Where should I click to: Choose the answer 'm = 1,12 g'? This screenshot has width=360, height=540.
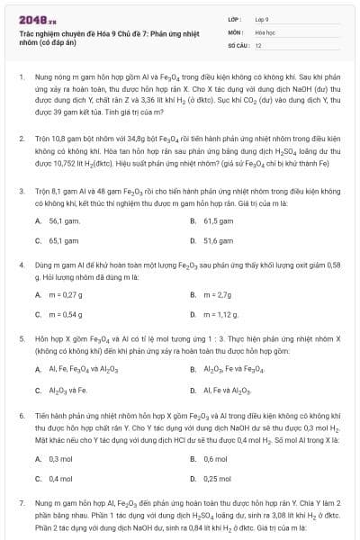coord(221,314)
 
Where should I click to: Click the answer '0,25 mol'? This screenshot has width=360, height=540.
coord(218,478)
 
